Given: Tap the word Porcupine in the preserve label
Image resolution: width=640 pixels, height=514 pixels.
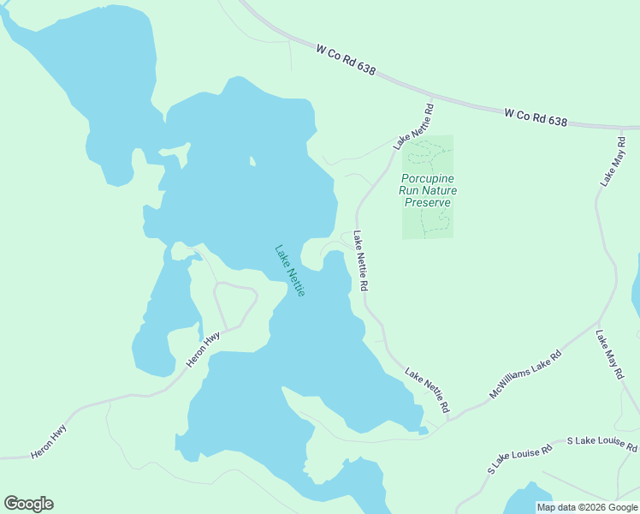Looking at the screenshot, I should pyautogui.click(x=428, y=178).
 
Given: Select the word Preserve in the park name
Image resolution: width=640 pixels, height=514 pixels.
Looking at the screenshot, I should pyautogui.click(x=427, y=203).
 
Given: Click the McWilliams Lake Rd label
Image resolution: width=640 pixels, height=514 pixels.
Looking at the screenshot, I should pyautogui.click(x=525, y=374).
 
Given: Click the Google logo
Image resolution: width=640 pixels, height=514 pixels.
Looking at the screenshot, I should pyautogui.click(x=28, y=504).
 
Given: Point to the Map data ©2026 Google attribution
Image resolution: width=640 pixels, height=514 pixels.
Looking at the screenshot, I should pyautogui.click(x=587, y=507).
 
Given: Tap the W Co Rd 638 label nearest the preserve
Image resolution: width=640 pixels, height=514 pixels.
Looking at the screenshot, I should pyautogui.click(x=535, y=117).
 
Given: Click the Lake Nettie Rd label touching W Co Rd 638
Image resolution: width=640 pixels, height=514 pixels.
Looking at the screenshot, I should pyautogui.click(x=415, y=127).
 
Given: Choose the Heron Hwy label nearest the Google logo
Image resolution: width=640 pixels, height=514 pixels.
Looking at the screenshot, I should pyautogui.click(x=49, y=442).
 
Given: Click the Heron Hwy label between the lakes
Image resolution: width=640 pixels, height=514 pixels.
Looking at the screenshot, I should pyautogui.click(x=204, y=350).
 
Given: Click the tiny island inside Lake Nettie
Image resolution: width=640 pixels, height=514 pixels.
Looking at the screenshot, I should pyautogui.click(x=251, y=160).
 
